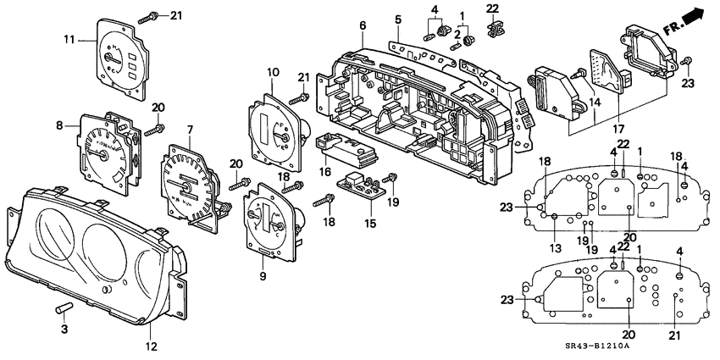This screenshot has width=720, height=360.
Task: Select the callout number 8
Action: click(59, 125)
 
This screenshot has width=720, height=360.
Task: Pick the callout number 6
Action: click(363, 26)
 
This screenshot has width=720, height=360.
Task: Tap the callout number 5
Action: click(397, 19)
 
